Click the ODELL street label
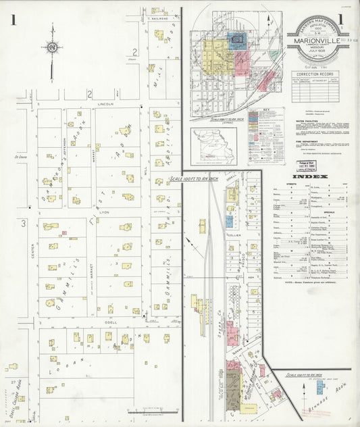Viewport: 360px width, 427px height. (110, 322)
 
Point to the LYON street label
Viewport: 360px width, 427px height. (104, 212)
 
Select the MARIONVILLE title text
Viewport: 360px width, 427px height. (317, 40)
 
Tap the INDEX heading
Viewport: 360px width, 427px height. (315, 177)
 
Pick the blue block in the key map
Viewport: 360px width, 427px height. (236, 40)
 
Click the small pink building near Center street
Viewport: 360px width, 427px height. (64, 234)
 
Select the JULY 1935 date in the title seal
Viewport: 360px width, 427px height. (317, 48)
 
